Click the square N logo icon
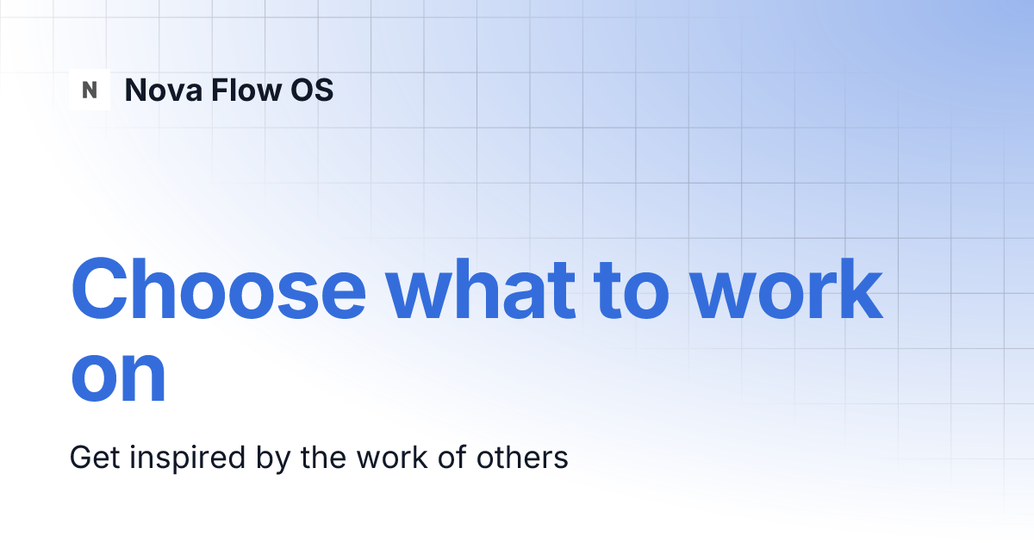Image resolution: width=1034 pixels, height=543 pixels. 90,90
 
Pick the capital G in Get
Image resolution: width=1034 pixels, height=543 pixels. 80,457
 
